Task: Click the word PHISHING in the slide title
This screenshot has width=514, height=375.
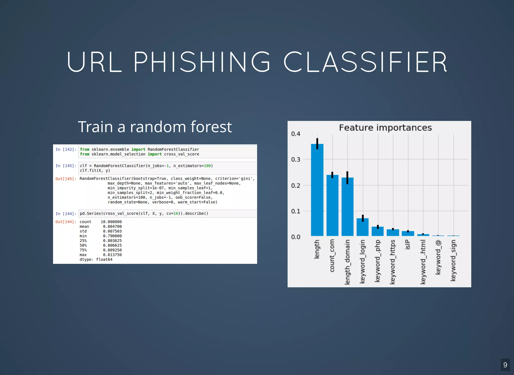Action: (x=202, y=62)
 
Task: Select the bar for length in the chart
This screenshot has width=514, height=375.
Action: (x=317, y=191)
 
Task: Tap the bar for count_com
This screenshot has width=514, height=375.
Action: (x=332, y=206)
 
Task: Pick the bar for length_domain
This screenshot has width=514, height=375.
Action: (x=347, y=207)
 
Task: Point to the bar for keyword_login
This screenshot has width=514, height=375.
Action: (x=362, y=227)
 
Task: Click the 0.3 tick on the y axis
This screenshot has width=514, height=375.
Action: (x=295, y=160)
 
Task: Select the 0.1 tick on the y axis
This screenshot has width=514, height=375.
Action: (x=295, y=211)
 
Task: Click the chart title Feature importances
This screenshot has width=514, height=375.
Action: (x=385, y=128)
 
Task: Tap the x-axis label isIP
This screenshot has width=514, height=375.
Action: (x=408, y=244)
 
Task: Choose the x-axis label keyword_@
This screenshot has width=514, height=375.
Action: (x=438, y=257)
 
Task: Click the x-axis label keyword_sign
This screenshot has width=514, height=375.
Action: (x=453, y=260)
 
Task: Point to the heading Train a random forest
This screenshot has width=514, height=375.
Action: (x=155, y=127)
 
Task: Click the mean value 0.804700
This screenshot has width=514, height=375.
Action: (x=112, y=226)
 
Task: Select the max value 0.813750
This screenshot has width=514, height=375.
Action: (x=112, y=255)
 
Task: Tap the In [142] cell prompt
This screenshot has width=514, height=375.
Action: (x=66, y=149)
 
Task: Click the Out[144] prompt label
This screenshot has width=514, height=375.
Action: (x=66, y=222)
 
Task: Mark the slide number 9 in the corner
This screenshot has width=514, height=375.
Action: (x=505, y=365)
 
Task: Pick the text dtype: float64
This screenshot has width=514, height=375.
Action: (x=96, y=260)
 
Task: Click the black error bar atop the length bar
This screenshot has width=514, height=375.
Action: (x=317, y=143)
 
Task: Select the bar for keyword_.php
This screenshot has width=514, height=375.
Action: (x=377, y=231)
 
